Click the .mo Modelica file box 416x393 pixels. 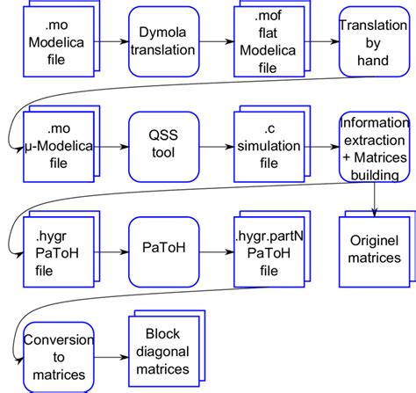click(54, 45)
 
